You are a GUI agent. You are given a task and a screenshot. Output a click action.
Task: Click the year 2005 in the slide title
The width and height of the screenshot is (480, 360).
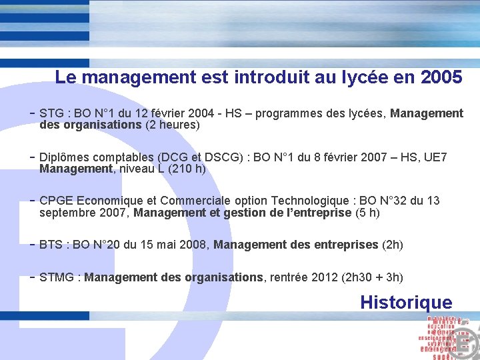click(x=442, y=77)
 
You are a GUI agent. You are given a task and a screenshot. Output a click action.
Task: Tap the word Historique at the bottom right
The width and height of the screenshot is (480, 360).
click(x=405, y=302)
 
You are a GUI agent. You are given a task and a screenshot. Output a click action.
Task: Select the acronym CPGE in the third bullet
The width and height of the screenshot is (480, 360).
click(x=57, y=201)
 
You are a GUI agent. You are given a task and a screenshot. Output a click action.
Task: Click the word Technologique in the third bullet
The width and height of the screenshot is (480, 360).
click(x=309, y=201)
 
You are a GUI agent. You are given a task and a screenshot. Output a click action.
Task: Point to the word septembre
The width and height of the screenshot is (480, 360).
click(x=65, y=213)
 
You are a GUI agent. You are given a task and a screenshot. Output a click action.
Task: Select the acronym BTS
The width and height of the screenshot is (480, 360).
click(x=51, y=245)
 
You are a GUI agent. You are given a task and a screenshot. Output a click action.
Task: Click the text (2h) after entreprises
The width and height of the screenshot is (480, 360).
click(x=392, y=245)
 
